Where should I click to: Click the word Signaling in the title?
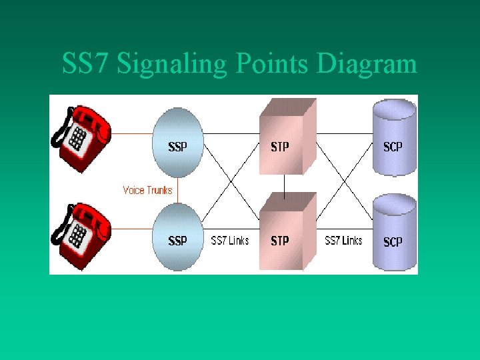pos(175,65)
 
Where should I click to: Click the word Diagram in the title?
pos(367,65)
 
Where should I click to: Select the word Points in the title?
pos(273,65)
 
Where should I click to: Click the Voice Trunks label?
pos(147,190)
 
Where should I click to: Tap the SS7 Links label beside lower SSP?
pos(230,240)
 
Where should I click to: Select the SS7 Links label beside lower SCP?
pos(343,240)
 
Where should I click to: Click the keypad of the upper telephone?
pos(78,138)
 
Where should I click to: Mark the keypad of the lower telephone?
pos(78,236)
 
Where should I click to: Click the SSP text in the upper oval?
pos(177,147)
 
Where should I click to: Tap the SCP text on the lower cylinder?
pos(393,242)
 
